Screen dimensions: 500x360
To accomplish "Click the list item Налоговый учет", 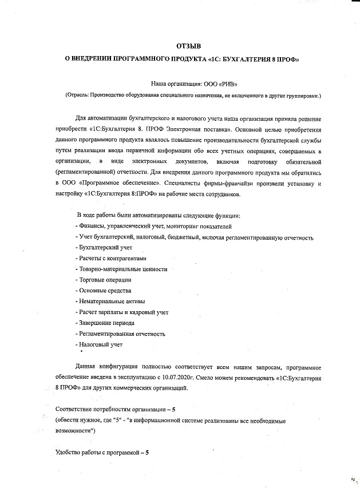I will [101, 344].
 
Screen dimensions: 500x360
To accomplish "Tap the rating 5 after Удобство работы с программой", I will [147, 452].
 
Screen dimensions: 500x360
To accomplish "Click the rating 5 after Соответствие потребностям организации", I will [182, 409].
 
